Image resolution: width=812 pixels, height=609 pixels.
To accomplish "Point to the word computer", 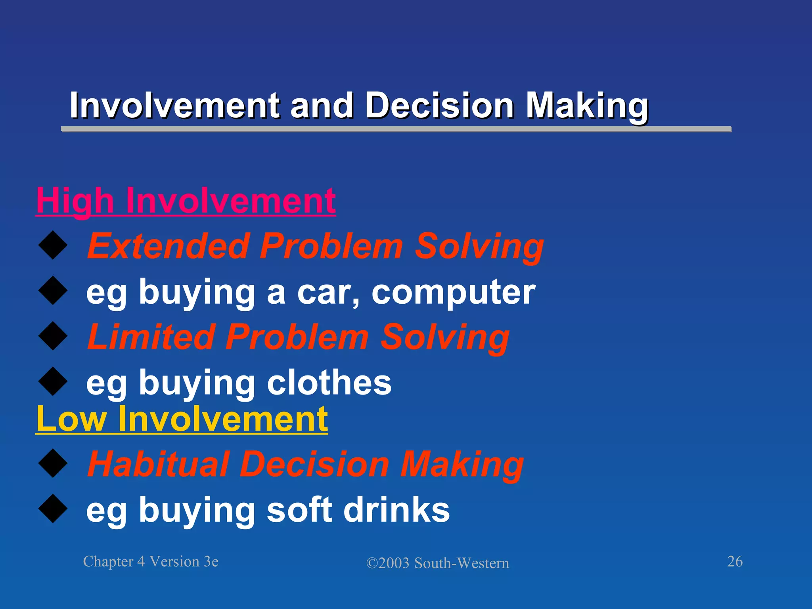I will pos(453,292).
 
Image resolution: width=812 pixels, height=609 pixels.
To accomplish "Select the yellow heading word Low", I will pos(71,419).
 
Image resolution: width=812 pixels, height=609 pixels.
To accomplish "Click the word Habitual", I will pos(158,464).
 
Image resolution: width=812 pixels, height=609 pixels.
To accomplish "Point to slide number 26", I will pos(735,561).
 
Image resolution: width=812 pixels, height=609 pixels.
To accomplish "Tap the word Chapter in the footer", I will pos(108,562).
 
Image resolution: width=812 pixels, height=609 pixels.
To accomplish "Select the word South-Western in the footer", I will pos(462,563).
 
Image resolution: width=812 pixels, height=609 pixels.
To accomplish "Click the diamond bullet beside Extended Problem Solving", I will pos(53,246).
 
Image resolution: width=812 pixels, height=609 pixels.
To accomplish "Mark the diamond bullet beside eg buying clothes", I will pos(53,381).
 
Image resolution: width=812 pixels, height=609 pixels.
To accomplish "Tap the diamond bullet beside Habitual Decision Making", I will pos(53,463).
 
